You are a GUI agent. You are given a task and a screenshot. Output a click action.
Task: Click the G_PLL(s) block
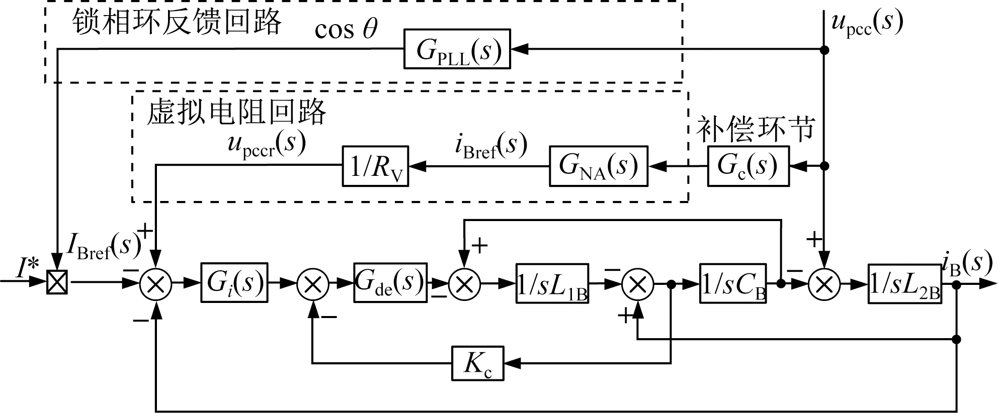pos(457,49)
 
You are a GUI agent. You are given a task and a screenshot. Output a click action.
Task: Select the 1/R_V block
pos(375,166)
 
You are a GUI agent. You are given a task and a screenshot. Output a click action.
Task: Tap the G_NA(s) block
pos(598,166)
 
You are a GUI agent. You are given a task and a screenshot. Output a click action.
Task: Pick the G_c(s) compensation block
pos(748,166)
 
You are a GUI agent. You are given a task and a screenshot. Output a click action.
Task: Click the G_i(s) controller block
pos(234,282)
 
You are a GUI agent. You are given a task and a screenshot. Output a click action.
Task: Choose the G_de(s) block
pos(390,282)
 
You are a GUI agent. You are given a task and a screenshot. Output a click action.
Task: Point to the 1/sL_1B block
pos(552,283)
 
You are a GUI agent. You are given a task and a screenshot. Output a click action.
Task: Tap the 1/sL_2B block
pos(904,283)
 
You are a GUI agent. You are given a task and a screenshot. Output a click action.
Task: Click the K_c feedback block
pos(477,363)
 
